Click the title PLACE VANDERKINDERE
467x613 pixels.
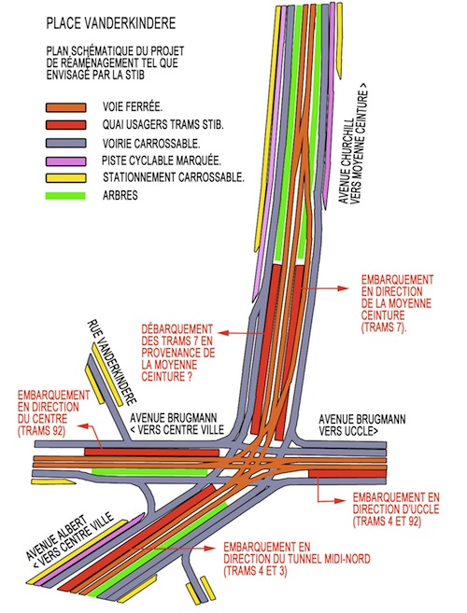tap(111, 23)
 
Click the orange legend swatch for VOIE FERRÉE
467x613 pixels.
tap(65, 107)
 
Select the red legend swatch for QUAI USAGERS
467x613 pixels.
tap(65, 125)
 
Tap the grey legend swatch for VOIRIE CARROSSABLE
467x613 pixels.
tap(65, 143)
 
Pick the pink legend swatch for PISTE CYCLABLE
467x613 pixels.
tap(65, 161)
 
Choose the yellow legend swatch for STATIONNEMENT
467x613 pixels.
tap(65, 178)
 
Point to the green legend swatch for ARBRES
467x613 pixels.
tap(65, 196)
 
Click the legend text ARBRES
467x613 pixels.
tap(120, 196)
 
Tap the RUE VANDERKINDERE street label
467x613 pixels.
tap(112, 362)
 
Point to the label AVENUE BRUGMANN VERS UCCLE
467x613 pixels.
tap(362, 425)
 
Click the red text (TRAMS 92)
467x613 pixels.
tap(41, 430)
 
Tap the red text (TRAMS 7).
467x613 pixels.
tap(384, 327)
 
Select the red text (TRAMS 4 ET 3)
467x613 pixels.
tap(255, 571)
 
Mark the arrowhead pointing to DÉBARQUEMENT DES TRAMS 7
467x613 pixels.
tap(222, 333)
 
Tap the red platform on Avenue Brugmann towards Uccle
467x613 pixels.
tap(347, 474)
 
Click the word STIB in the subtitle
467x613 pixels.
tap(134, 75)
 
